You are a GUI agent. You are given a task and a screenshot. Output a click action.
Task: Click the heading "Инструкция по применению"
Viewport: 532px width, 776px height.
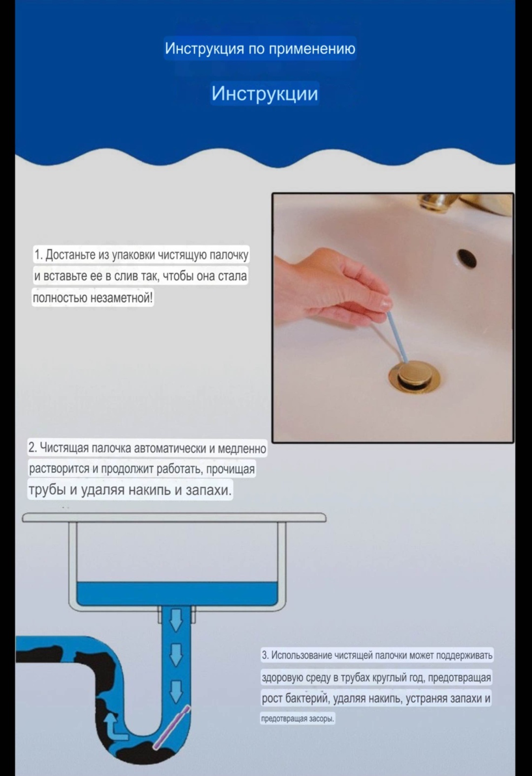[x=260, y=48]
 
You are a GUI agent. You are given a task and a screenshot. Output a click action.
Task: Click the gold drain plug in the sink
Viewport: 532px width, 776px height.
[x=415, y=375]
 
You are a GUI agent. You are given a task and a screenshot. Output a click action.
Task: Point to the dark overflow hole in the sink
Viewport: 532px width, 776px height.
[x=466, y=258]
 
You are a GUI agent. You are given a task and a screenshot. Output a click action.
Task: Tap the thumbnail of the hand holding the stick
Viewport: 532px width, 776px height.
[x=393, y=317]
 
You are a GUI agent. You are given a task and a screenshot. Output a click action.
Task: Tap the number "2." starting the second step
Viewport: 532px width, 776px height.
[x=33, y=448]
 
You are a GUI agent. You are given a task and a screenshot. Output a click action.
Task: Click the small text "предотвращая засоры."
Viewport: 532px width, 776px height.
[x=298, y=719]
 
